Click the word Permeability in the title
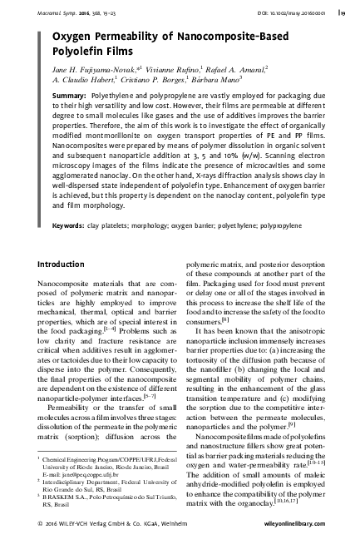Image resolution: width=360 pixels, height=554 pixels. point(116,36)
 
